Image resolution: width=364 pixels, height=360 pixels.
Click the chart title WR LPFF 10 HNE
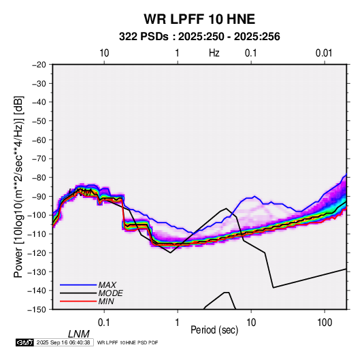click(x=199, y=19)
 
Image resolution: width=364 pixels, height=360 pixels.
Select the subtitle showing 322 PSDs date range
click(x=199, y=37)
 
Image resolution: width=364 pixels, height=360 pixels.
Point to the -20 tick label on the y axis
click(x=39, y=65)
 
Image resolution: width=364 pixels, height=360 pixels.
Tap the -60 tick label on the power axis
click(x=39, y=140)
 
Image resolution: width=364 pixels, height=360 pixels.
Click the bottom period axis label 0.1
click(x=104, y=323)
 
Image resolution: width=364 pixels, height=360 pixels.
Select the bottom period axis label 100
click(x=325, y=323)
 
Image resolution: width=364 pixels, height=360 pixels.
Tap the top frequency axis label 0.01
click(x=324, y=53)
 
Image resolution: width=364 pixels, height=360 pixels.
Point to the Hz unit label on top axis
click(x=214, y=53)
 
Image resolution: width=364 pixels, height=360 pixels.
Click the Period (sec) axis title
click(x=214, y=330)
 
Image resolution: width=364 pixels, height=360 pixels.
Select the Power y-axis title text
click(x=18, y=187)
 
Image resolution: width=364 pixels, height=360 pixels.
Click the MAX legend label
click(x=107, y=285)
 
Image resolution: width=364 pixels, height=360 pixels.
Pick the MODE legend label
click(x=110, y=293)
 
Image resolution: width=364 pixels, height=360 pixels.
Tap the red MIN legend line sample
click(x=78, y=301)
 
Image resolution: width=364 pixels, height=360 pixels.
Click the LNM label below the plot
click(x=79, y=334)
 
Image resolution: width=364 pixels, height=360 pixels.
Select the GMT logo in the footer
click(x=25, y=342)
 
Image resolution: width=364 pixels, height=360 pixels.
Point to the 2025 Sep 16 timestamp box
click(x=63, y=342)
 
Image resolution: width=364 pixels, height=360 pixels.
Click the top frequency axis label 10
click(x=104, y=53)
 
